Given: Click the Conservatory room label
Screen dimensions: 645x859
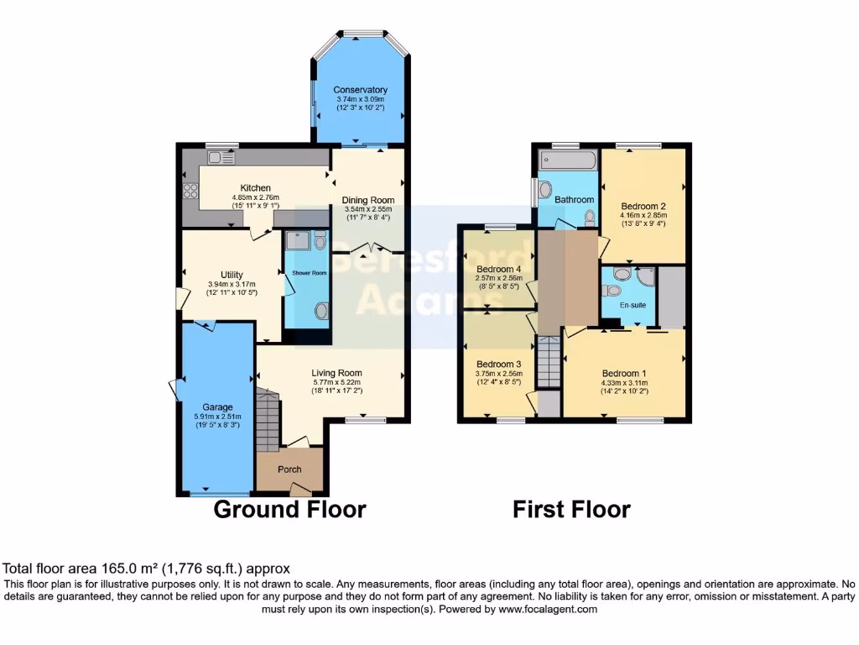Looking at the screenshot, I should point(360,90).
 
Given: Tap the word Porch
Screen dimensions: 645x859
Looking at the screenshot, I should point(289,469).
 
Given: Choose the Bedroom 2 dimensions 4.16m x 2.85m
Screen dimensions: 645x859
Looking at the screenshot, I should point(643,214).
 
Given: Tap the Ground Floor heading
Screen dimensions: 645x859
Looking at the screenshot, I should point(289,509).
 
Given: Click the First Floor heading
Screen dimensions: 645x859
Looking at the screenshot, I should point(571,509).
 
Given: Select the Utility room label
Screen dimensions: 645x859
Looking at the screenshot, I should point(232,275).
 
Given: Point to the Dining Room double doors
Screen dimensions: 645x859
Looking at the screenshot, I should point(367,249).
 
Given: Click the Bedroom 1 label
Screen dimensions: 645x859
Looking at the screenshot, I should point(625,374).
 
